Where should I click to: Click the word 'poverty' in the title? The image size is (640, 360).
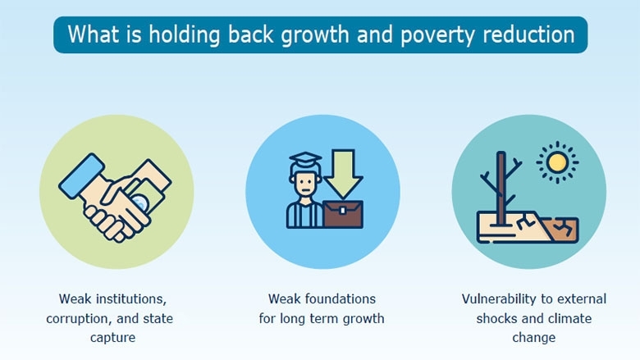pyautogui.click(x=437, y=35)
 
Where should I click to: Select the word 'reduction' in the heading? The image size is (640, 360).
pyautogui.click(x=529, y=34)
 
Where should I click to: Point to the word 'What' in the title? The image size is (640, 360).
pyautogui.click(x=94, y=34)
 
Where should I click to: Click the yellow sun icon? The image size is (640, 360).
pyautogui.click(x=557, y=162)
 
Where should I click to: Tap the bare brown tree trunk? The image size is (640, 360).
pyautogui.click(x=501, y=189)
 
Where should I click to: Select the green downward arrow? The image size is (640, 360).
pyautogui.click(x=343, y=174)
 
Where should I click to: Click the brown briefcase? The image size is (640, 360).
pyautogui.click(x=343, y=215)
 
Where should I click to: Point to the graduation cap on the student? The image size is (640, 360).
pyautogui.click(x=305, y=159)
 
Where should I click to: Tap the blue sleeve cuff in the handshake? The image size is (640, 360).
pyautogui.click(x=81, y=176)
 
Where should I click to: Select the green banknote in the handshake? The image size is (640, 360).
pyautogui.click(x=145, y=194)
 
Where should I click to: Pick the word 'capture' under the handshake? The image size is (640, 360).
pyautogui.click(x=112, y=338)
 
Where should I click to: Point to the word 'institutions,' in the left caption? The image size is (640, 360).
pyautogui.click(x=130, y=298)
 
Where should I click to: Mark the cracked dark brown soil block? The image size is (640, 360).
pyautogui.click(x=560, y=230)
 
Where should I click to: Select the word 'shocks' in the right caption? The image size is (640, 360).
pyautogui.click(x=496, y=318)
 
